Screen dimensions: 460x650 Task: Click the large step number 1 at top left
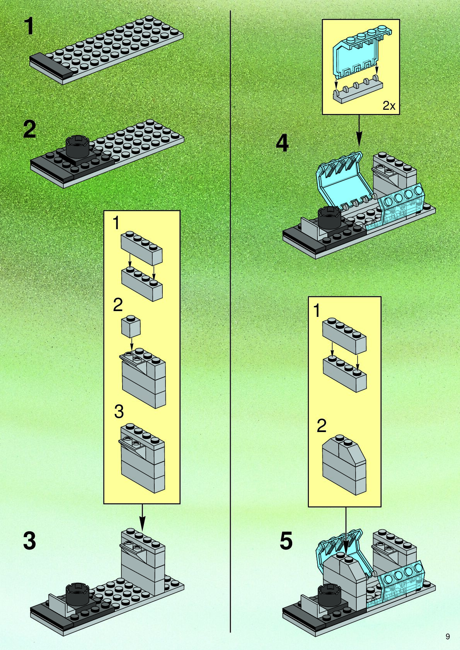click(x=29, y=27)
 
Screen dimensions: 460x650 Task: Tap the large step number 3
click(x=29, y=541)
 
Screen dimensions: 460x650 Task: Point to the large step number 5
click(x=286, y=541)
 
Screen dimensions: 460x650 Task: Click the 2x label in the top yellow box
click(x=389, y=105)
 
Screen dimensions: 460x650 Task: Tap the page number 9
click(x=448, y=636)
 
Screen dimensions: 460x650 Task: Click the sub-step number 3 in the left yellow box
click(x=119, y=412)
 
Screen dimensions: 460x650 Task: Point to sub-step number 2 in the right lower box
click(x=321, y=426)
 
